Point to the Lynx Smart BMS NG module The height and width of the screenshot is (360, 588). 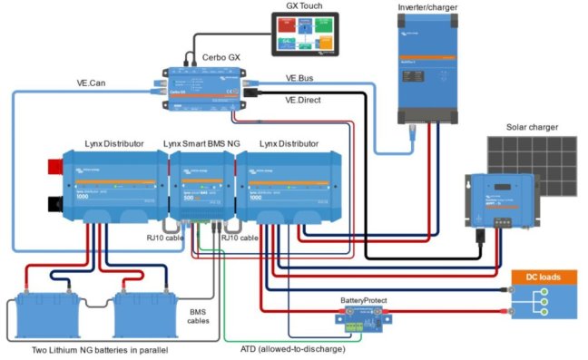pyautogui.click(x=201, y=187)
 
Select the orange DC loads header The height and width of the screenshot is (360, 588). pyautogui.click(x=544, y=277)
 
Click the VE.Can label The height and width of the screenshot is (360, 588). pyautogui.click(x=94, y=84)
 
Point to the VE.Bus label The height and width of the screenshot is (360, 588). pyautogui.click(x=302, y=79)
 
